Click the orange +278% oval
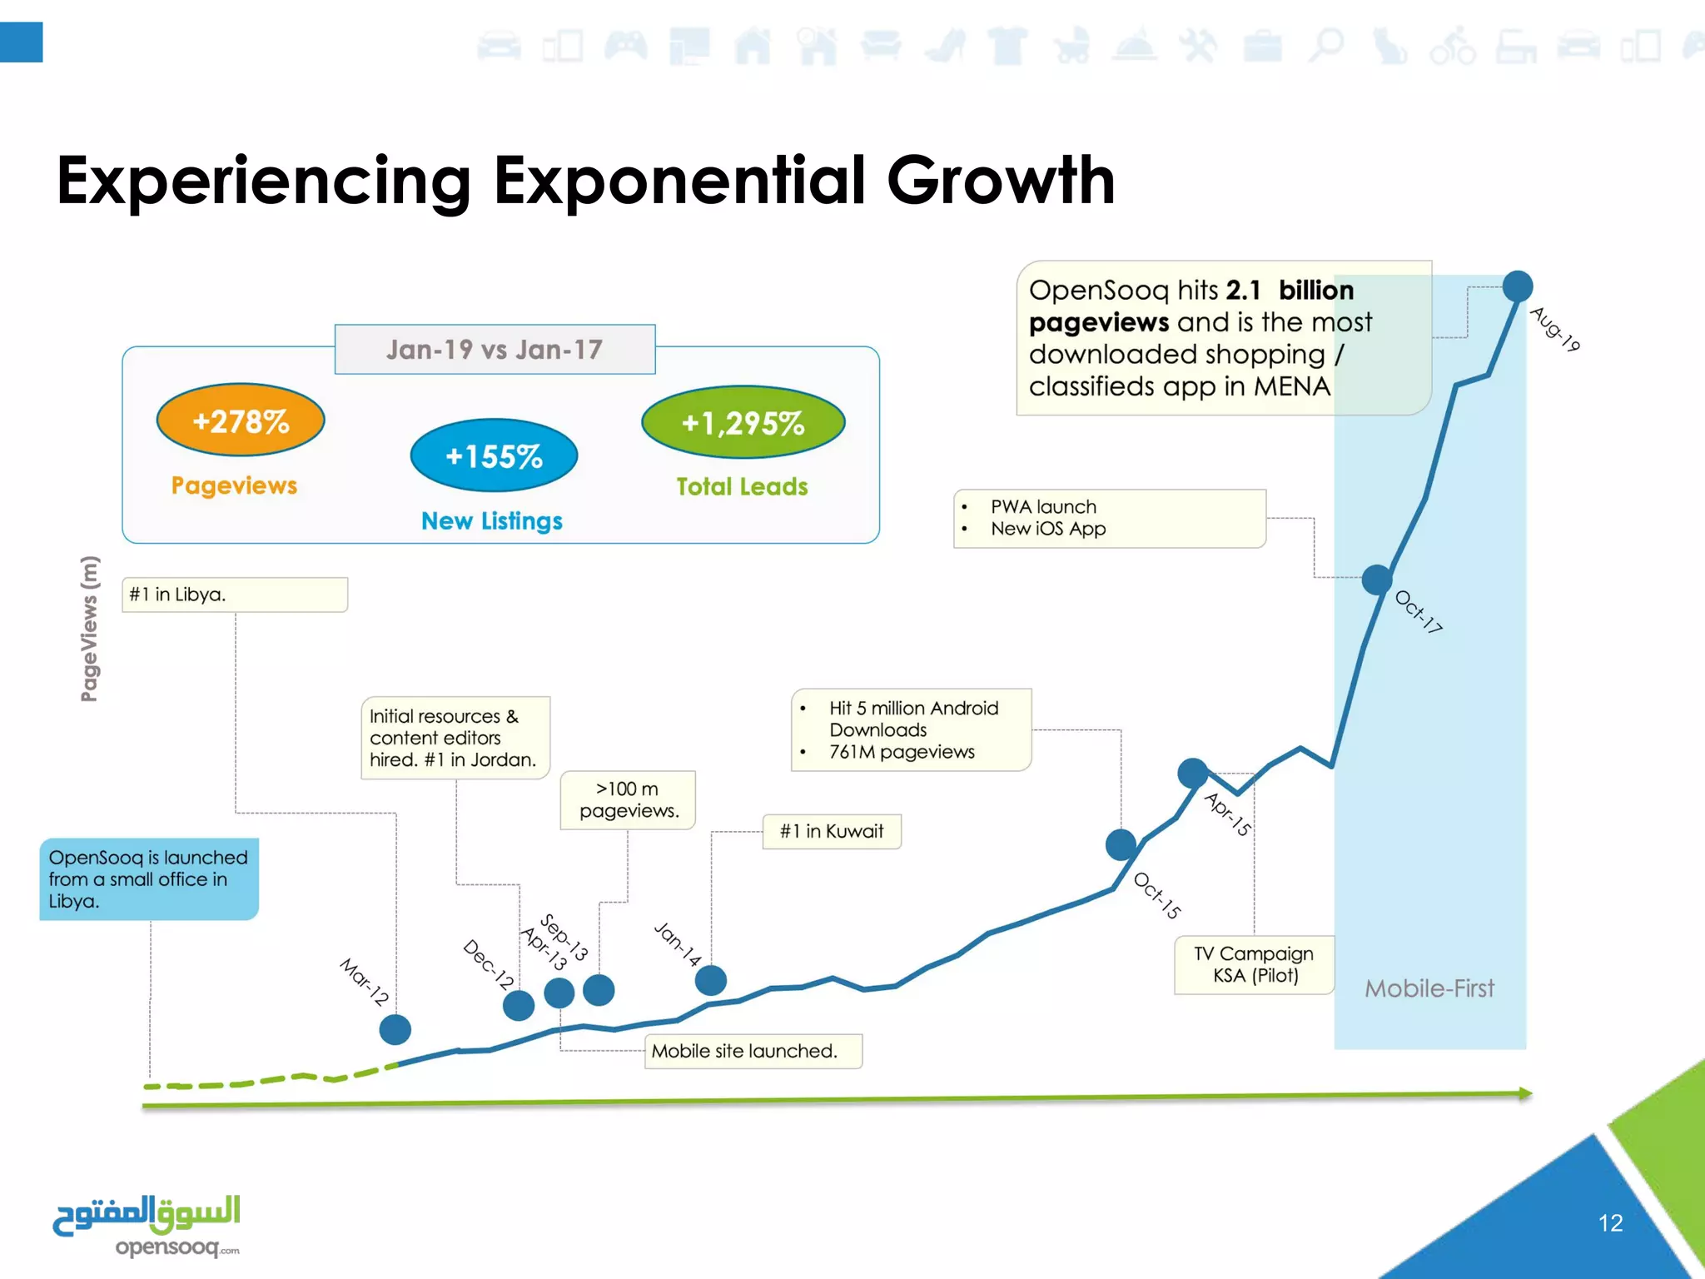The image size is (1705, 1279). coord(241,421)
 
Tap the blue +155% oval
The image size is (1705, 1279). coord(494,455)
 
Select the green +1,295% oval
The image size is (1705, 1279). coord(743,422)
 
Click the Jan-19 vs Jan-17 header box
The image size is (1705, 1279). coord(495,350)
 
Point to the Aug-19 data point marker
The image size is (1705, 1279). coord(1518,286)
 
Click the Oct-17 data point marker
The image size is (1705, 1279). coord(1377,580)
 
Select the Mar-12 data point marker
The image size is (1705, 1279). coord(395,1029)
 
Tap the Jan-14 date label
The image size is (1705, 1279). coord(678,943)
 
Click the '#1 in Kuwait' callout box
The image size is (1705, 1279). coord(832,831)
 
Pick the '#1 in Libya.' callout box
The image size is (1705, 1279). coord(234,595)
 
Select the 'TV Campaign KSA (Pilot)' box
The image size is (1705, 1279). coord(1254,964)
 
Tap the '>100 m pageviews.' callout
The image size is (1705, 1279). coord(628,799)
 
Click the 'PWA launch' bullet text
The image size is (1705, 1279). coord(1043,506)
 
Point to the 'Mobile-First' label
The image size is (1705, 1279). coord(1429,988)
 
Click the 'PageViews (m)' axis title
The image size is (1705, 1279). coord(89,629)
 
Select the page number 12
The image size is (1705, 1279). coord(1610,1222)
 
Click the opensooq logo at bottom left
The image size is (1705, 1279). coord(147,1225)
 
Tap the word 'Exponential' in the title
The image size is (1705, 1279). coord(679,181)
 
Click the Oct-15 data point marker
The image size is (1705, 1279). coord(1121,844)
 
